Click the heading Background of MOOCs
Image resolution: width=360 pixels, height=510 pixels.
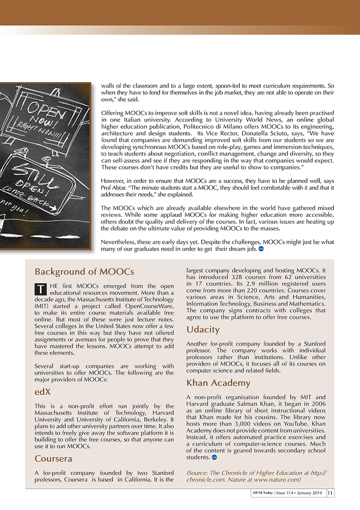coord(84,271)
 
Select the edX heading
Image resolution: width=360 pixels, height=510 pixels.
coord(42,392)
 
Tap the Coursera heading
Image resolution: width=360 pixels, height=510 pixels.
coord(53,459)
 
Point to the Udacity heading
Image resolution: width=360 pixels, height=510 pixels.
coord(203,330)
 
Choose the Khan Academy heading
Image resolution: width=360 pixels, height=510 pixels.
coord(218,383)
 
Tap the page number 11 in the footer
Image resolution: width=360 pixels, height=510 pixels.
coord(331,493)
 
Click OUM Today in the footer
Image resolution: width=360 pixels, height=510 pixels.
coord(263,493)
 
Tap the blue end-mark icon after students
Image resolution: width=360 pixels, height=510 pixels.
coord(214,457)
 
